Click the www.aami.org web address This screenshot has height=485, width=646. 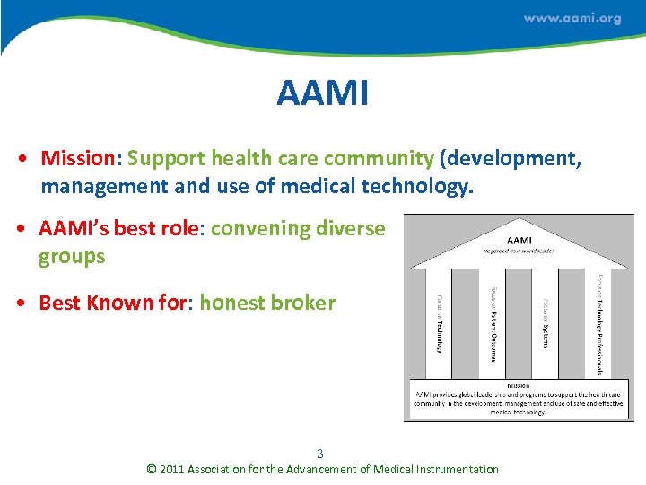(572, 18)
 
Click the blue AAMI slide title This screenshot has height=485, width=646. (322, 93)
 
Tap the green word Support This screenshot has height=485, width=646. (166, 159)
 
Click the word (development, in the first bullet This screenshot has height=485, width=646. (511, 159)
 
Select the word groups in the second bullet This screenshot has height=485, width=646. (72, 257)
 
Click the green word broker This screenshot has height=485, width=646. (307, 303)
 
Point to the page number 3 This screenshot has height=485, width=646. (320, 454)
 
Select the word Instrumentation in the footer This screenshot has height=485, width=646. (455, 469)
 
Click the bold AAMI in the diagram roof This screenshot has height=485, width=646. (519, 239)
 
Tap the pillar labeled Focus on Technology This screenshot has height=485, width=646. (439, 323)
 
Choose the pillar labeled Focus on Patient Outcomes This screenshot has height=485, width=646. (493, 323)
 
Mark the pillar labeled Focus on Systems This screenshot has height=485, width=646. (546, 323)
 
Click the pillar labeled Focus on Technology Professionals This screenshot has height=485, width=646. (598, 323)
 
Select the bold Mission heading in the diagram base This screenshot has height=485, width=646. (519, 385)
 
